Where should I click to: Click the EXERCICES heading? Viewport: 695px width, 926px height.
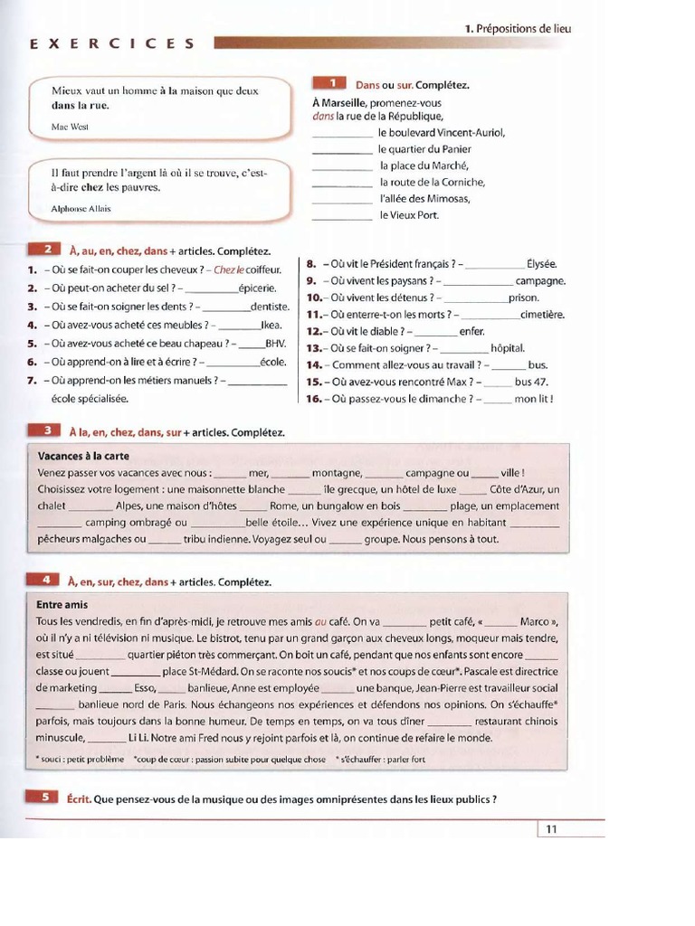pos(112,43)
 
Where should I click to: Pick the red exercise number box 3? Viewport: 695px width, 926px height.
pos(44,431)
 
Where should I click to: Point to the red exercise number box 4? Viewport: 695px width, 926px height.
pos(44,581)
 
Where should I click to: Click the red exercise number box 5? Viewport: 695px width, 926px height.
pos(44,798)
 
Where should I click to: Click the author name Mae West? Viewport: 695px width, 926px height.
pos(70,127)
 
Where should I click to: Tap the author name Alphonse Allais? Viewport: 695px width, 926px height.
pos(81,208)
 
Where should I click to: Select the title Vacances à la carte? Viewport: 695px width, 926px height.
pos(83,456)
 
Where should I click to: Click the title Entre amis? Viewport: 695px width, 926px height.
pos(62,604)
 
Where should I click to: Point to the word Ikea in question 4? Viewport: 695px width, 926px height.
pos(271,326)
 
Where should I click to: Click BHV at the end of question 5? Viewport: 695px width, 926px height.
pos(276,344)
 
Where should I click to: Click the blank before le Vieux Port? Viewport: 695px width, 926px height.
pos(342,216)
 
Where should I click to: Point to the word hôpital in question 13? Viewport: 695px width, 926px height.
pos(507,348)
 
